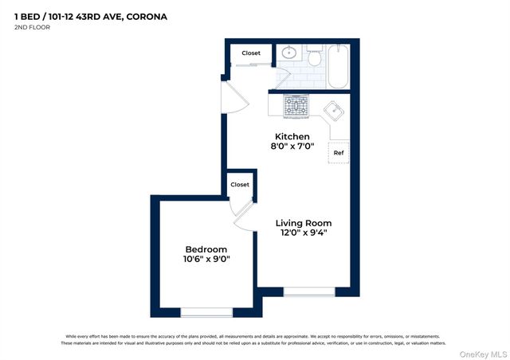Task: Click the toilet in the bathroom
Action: [315, 57]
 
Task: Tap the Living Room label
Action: [304, 223]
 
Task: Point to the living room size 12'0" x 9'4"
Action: [304, 233]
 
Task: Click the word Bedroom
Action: [206, 248]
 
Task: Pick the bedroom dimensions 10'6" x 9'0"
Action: [206, 259]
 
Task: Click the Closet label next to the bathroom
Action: [251, 53]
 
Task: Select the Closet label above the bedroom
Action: [240, 185]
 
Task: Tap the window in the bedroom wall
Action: [206, 311]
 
